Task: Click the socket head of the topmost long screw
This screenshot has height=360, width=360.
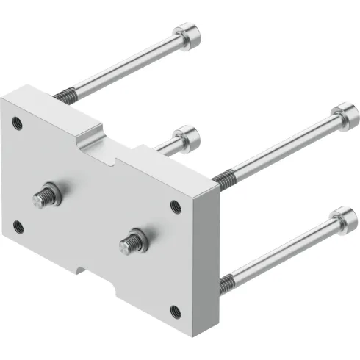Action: tap(187, 36)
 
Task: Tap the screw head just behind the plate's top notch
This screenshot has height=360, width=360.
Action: tap(188, 137)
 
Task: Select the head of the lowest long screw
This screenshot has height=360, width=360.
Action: tap(345, 220)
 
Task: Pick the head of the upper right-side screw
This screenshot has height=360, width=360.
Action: tap(346, 118)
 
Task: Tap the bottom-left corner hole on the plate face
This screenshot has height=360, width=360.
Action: tap(18, 226)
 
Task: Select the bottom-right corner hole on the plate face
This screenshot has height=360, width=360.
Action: tap(175, 311)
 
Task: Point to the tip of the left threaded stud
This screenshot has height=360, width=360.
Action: tap(38, 198)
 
